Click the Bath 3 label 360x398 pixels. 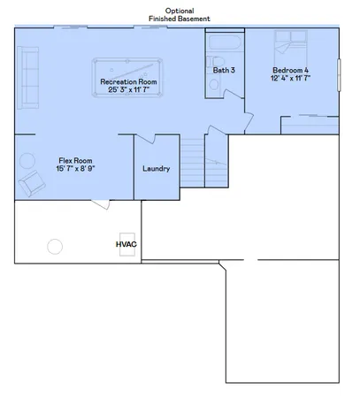[x=224, y=70]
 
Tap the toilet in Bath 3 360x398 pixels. [x=214, y=85]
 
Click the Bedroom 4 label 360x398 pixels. [x=291, y=70]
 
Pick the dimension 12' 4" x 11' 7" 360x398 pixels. [x=291, y=79]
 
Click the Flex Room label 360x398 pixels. [x=75, y=159]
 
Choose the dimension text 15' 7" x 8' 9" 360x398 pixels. [x=75, y=168]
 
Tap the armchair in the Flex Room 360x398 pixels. [x=34, y=183]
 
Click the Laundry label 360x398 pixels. [x=156, y=169]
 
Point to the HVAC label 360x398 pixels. [x=126, y=241]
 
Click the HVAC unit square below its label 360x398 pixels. [x=126, y=252]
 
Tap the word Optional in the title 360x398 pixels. [x=180, y=10]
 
